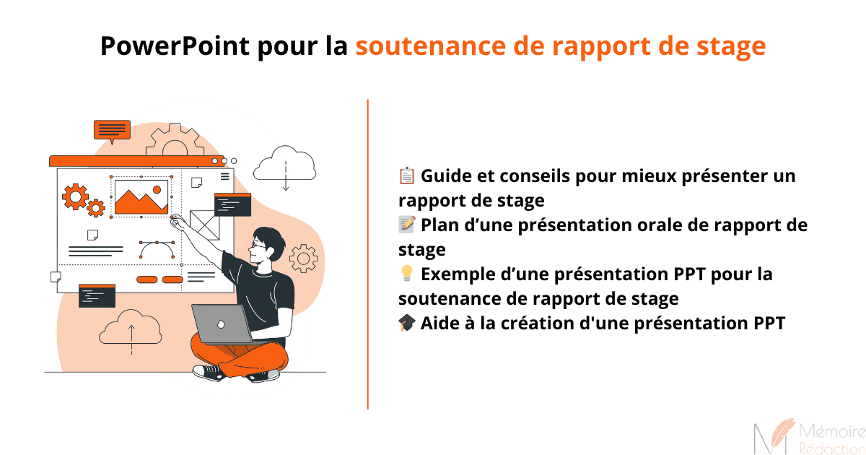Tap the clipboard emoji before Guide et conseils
[x=406, y=175]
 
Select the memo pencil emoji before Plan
[x=406, y=225]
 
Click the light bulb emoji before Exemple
[x=406, y=274]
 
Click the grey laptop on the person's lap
[x=221, y=324]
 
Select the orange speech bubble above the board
[x=112, y=131]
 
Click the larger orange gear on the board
[x=75, y=196]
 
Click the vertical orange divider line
[x=368, y=253]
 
